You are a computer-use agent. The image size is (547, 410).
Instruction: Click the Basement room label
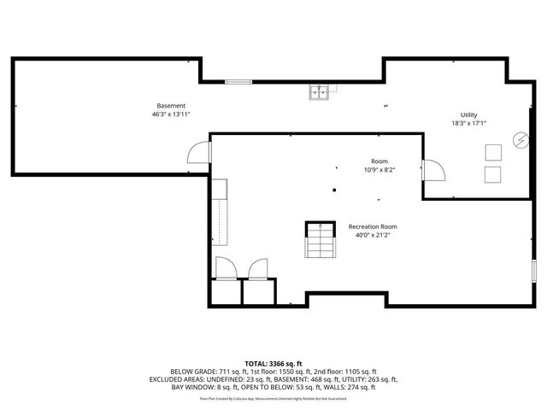pyautogui.click(x=171, y=106)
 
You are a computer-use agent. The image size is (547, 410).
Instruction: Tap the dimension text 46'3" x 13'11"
pyautogui.click(x=171, y=114)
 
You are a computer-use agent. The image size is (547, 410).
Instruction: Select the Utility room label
pyautogui.click(x=469, y=114)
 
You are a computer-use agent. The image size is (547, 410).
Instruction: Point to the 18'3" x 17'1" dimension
pyautogui.click(x=469, y=123)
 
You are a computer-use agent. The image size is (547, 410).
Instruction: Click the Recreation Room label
pyautogui.click(x=373, y=226)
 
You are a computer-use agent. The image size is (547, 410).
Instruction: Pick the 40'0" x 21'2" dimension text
pyautogui.click(x=373, y=235)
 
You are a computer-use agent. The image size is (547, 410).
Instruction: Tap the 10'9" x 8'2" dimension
pyautogui.click(x=379, y=169)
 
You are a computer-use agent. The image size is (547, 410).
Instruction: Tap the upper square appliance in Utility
pyautogui.click(x=493, y=153)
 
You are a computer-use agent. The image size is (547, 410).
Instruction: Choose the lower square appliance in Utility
pyautogui.click(x=493, y=174)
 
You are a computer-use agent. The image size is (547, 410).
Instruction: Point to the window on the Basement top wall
pyautogui.click(x=238, y=82)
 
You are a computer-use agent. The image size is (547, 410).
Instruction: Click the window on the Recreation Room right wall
pyautogui.click(x=532, y=272)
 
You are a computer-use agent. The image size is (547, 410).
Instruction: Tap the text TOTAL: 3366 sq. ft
pyautogui.click(x=273, y=363)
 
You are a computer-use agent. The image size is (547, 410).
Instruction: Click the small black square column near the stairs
pyautogui.click(x=335, y=190)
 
